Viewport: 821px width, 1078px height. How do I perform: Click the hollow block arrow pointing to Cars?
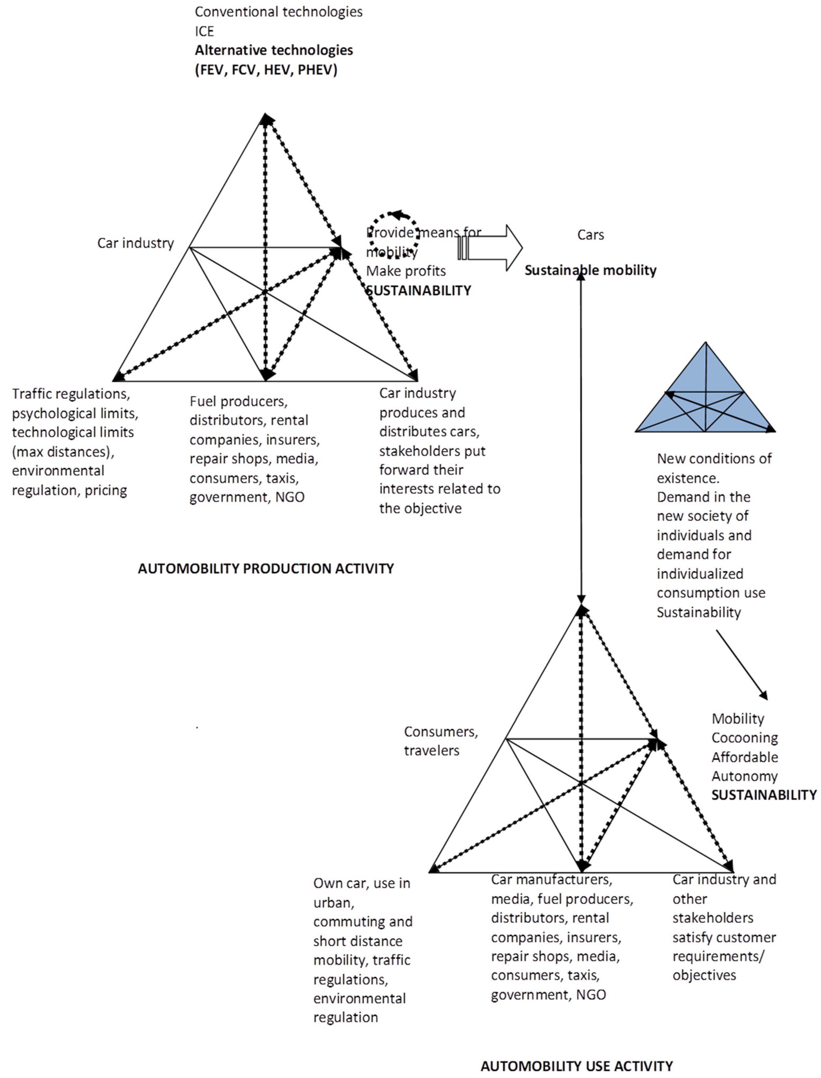coord(490,248)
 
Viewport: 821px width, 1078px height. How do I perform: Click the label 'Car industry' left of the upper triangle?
coord(135,243)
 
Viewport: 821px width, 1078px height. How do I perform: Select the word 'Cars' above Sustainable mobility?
coord(590,235)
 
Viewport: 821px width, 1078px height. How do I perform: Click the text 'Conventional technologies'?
coord(279,12)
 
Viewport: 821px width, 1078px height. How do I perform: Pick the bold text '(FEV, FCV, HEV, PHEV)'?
coord(266,70)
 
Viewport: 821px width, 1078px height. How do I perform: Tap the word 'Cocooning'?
coord(744,738)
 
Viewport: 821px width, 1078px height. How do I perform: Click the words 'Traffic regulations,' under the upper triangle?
coord(71,394)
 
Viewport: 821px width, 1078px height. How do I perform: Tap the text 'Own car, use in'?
coord(362,883)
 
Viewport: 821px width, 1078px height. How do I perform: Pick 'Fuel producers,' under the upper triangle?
coord(238,401)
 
